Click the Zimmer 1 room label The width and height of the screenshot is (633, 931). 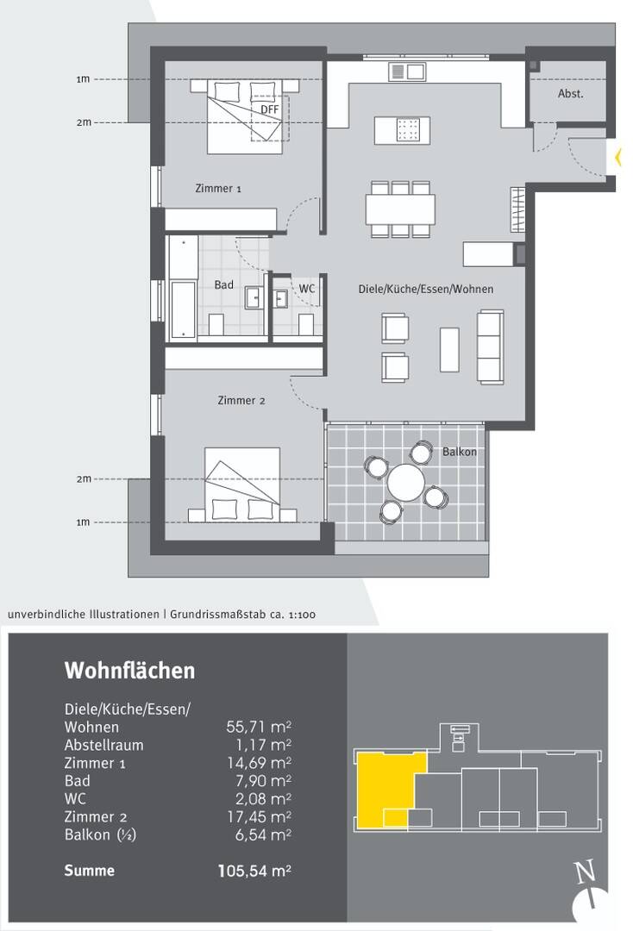(x=218, y=189)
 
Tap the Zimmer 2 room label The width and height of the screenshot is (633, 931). (x=241, y=401)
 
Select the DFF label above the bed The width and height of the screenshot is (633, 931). (x=270, y=109)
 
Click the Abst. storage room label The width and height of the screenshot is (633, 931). (x=571, y=94)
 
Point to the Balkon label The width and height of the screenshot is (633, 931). (x=460, y=452)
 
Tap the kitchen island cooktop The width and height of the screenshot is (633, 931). (x=407, y=128)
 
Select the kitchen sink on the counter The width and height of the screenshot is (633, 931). (x=407, y=72)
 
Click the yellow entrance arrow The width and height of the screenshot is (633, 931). (x=618, y=158)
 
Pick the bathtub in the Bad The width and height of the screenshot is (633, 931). (x=183, y=310)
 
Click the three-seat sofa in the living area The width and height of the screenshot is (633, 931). (x=491, y=347)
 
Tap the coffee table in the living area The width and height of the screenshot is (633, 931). (x=449, y=349)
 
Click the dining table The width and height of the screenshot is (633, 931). (x=400, y=209)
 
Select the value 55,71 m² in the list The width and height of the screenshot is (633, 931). (x=259, y=727)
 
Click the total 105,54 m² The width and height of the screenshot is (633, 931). (x=254, y=871)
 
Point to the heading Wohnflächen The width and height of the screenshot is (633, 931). (x=129, y=671)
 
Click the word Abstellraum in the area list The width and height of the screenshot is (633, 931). (x=103, y=745)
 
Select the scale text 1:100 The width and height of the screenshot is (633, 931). (x=302, y=615)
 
